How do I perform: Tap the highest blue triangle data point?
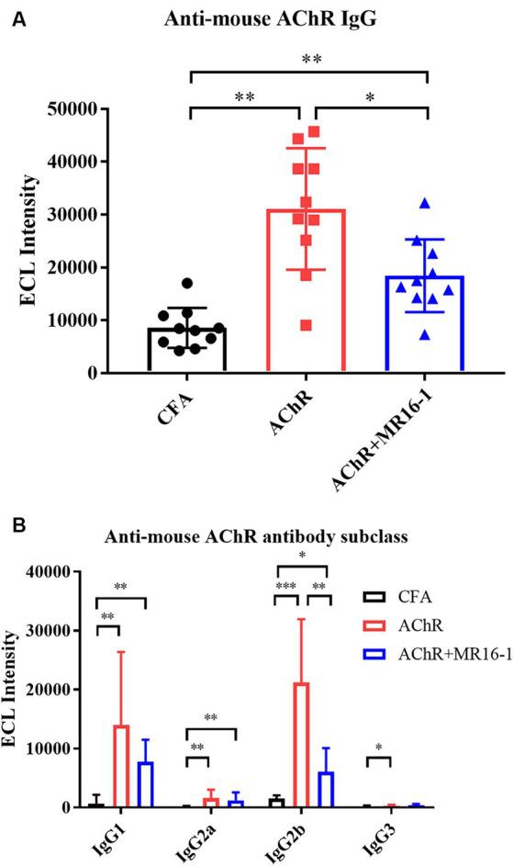(424, 203)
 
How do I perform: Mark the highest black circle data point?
(187, 283)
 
